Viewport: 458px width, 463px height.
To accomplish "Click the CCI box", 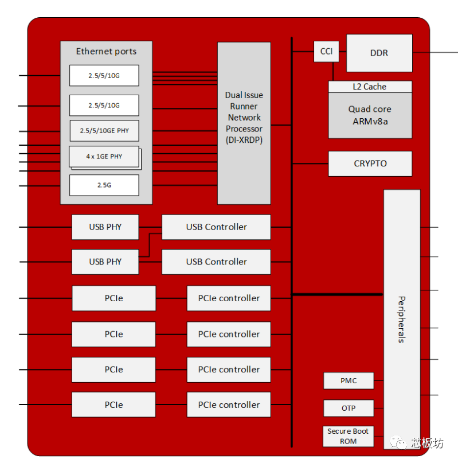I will click(326, 52).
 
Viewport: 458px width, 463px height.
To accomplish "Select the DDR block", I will click(379, 53).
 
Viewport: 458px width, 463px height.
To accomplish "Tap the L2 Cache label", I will click(370, 87).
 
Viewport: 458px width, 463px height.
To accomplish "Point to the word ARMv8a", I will click(370, 121).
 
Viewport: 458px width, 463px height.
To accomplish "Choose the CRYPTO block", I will click(370, 164).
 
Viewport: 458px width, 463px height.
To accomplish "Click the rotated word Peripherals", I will click(401, 319).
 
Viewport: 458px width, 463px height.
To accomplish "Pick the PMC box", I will click(349, 380).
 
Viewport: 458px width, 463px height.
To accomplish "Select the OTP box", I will click(349, 408).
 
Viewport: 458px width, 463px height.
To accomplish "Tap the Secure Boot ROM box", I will click(348, 436).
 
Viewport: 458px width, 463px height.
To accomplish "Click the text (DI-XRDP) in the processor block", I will click(244, 139).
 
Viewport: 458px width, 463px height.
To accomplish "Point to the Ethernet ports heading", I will click(107, 51).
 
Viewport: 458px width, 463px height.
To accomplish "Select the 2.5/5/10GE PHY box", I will click(104, 131).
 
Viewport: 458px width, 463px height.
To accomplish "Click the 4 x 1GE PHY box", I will click(104, 156).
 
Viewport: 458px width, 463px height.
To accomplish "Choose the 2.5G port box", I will click(104, 185).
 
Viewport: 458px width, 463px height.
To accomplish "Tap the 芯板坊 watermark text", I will click(427, 443).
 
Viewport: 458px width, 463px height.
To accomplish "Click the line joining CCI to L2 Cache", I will click(333, 71).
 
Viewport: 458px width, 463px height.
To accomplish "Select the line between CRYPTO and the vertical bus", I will click(310, 164).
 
